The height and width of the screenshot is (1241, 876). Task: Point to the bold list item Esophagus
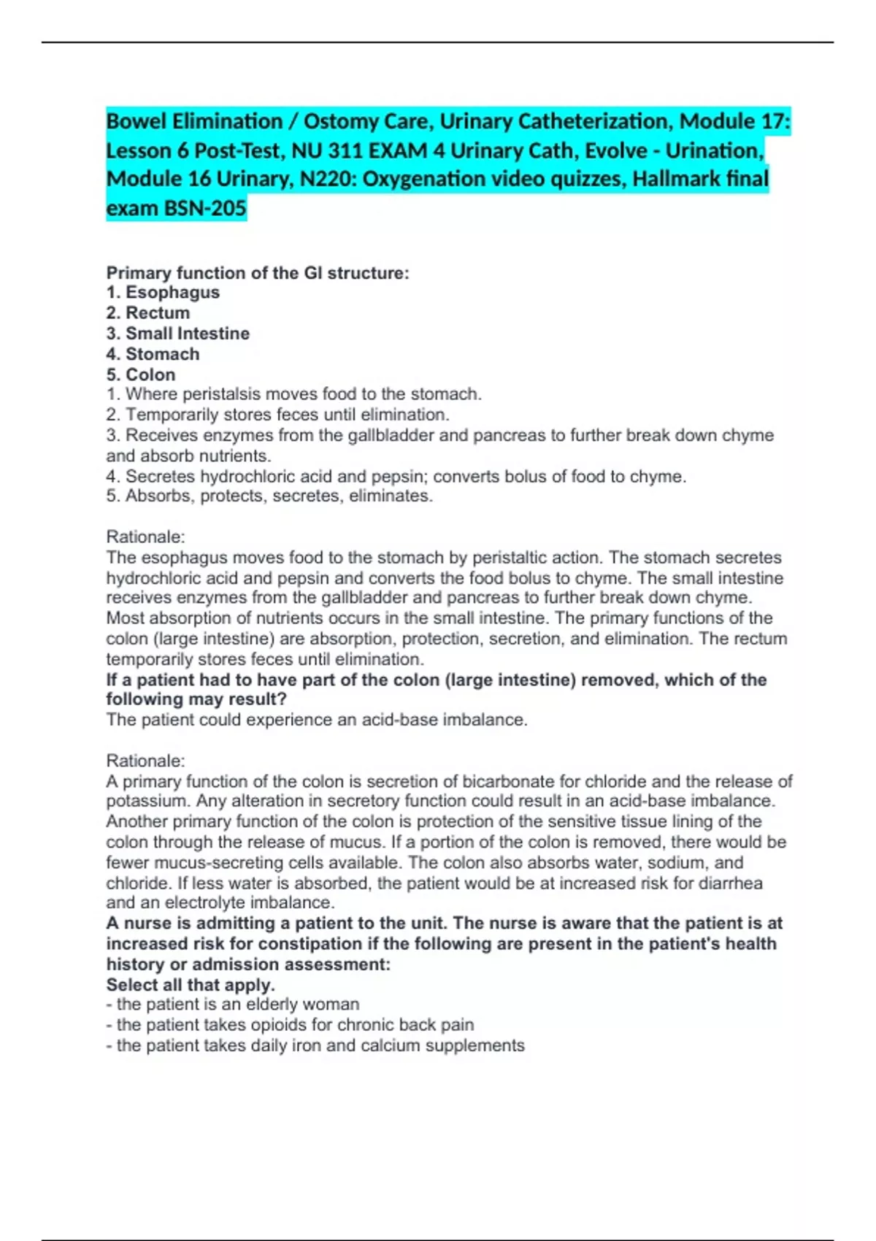click(172, 293)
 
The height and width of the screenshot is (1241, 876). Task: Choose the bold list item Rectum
click(158, 313)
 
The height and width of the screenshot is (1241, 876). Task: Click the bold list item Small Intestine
click(188, 334)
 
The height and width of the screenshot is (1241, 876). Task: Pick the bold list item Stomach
click(162, 354)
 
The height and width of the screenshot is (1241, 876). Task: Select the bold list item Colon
click(150, 374)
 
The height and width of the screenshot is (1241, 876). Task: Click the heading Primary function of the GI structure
click(258, 273)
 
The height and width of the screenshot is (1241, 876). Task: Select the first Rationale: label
click(146, 537)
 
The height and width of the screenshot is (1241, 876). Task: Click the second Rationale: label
click(146, 761)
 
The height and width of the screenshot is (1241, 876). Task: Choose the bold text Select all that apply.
click(191, 985)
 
